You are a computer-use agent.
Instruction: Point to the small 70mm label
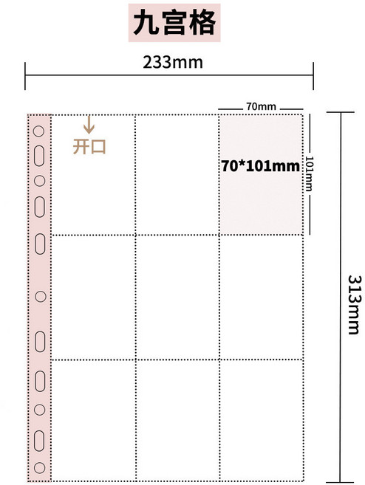pyautogui.click(x=261, y=107)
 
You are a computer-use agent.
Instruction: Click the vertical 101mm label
pyautogui.click(x=310, y=173)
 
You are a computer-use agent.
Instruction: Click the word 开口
pyautogui.click(x=89, y=146)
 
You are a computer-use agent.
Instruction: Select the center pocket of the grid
pyautogui.click(x=176, y=297)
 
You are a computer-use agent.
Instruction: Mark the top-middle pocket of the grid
pyautogui.click(x=176, y=174)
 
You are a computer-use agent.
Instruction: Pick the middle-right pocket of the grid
pyautogui.click(x=261, y=297)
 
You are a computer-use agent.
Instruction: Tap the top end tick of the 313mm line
pyautogui.click(x=340, y=112)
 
